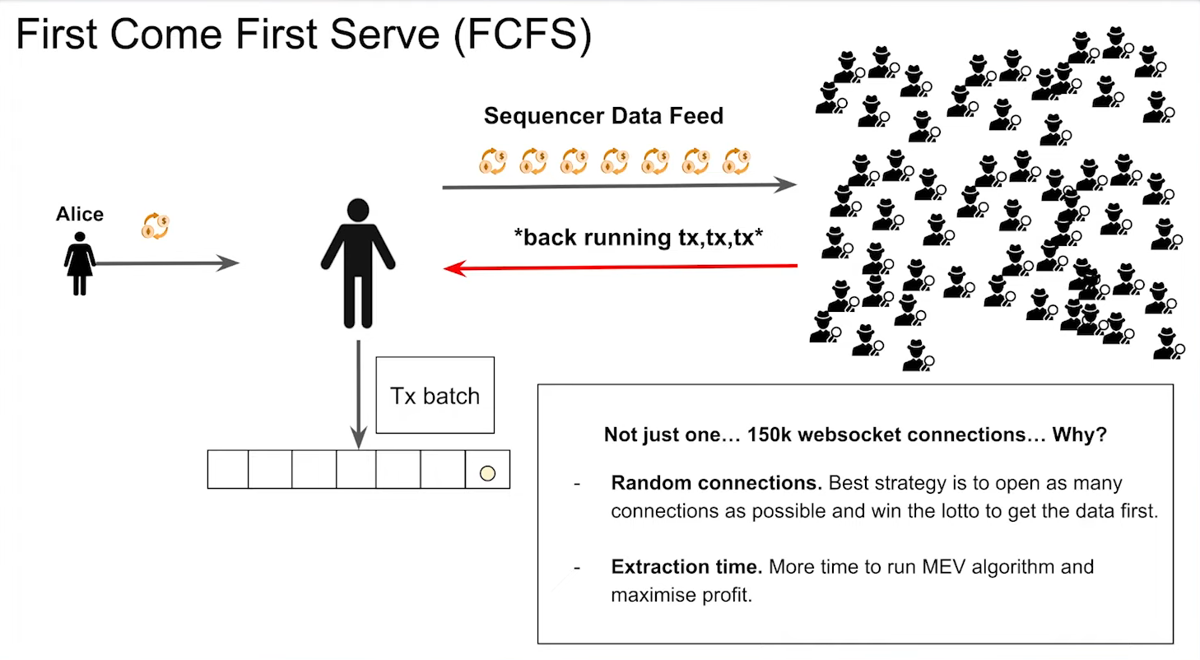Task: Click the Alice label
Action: [80, 215]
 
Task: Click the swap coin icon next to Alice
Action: [156, 226]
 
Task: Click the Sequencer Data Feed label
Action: [603, 116]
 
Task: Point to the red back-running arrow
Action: [621, 267]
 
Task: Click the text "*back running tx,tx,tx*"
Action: [639, 238]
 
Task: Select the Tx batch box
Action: [435, 395]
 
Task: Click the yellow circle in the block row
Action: [487, 473]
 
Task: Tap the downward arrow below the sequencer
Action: [358, 395]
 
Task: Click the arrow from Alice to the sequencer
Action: [165, 263]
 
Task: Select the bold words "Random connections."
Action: [716, 482]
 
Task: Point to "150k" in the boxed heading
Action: [773, 435]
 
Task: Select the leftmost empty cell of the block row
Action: [228, 469]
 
